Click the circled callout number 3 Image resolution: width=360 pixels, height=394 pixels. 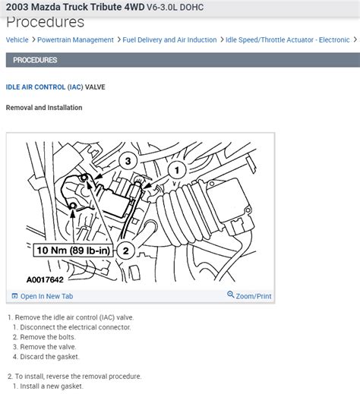(128, 161)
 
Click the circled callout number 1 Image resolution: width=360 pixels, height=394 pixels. (177, 170)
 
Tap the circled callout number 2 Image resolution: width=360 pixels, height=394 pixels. (125, 251)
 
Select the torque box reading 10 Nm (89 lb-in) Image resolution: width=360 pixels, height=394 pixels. (73, 251)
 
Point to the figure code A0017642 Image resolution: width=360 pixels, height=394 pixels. (45, 279)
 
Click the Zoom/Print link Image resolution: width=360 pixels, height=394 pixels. (254, 296)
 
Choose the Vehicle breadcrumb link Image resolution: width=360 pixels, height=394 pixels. (17, 40)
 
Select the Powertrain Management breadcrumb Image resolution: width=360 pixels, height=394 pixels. (75, 40)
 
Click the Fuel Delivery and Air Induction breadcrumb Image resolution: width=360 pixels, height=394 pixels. (169, 40)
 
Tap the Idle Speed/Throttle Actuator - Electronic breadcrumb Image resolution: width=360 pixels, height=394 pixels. (288, 40)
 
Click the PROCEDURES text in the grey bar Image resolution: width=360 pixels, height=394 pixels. (35, 60)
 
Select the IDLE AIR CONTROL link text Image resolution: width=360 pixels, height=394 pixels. (36, 87)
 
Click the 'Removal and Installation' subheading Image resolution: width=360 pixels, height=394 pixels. (44, 108)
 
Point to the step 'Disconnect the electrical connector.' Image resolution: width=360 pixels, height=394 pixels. (75, 327)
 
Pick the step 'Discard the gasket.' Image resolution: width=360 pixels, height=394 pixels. (49, 357)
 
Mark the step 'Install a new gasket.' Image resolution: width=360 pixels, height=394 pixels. (52, 386)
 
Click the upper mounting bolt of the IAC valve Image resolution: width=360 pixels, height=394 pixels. (84, 178)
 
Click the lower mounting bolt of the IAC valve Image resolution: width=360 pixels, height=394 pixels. (73, 206)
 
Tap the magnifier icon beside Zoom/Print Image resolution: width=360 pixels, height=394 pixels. (230, 295)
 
